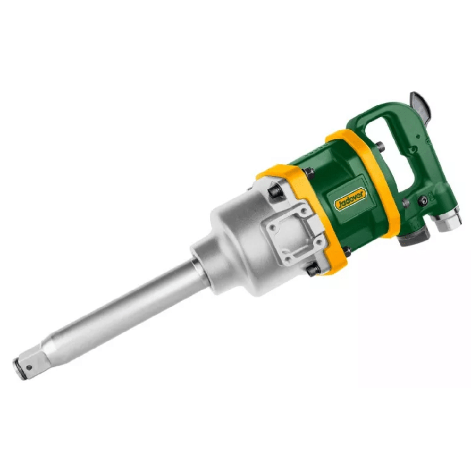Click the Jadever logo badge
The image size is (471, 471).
pyautogui.click(x=350, y=200)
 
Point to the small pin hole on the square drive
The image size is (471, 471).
pyautogui.click(x=29, y=368)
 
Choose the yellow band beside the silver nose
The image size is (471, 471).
pyautogui.click(x=302, y=219)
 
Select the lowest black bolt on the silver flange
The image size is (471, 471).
pyautogui.click(x=313, y=269)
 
